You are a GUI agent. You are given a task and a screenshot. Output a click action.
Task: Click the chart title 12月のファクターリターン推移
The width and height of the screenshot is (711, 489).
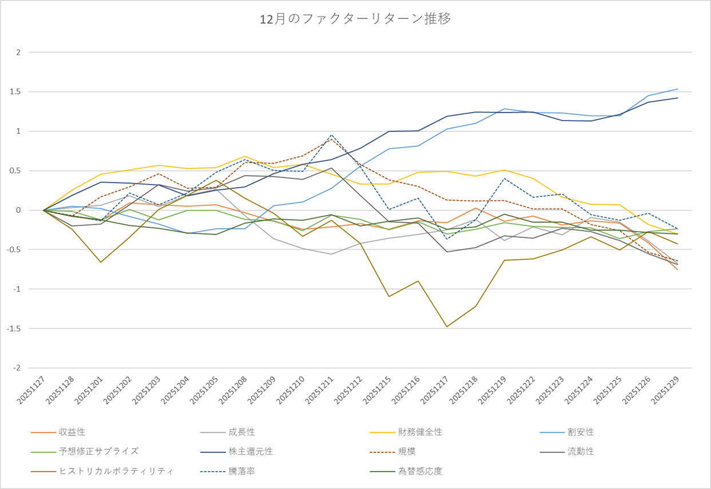coord(355,19)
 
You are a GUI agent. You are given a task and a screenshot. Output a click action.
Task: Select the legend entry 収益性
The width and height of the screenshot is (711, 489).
coord(72,432)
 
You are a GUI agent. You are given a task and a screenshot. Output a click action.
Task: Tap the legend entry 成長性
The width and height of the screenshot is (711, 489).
coord(242,432)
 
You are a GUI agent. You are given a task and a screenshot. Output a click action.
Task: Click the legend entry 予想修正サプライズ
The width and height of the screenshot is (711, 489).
coord(98,451)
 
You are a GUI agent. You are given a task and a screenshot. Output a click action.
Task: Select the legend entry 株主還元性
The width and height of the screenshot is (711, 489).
coord(251,451)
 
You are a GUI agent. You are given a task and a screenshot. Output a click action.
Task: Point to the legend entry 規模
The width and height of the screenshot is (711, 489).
coord(407,451)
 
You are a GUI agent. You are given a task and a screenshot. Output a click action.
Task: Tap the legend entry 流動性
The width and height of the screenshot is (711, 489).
coord(581,451)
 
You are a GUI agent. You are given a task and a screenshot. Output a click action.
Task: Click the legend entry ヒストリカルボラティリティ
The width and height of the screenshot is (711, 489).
coord(116,471)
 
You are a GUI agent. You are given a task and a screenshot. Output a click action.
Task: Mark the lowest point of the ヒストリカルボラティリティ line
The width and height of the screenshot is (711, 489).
coord(446,327)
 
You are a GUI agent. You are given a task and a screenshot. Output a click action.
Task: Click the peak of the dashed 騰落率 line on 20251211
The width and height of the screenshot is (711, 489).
coord(331,135)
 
